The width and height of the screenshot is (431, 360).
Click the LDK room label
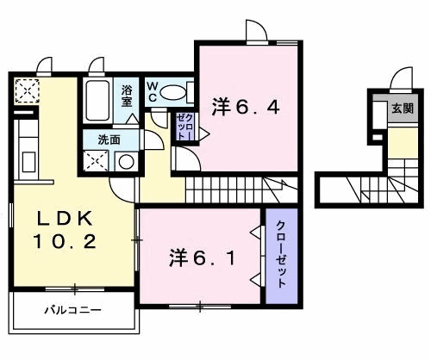pyautogui.click(x=66, y=219)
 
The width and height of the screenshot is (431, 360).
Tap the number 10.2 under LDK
pyautogui.click(x=65, y=241)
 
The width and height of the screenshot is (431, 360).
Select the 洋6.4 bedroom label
pyautogui.click(x=246, y=108)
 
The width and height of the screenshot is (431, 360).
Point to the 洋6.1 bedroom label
pyautogui.click(x=203, y=258)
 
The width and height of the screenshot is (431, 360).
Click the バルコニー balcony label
pyautogui.click(x=72, y=310)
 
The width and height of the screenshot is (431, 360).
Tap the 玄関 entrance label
pyautogui.click(x=403, y=109)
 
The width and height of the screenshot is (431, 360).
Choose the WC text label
pyautogui.click(x=153, y=91)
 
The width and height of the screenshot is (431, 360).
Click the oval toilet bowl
pyautogui.click(x=172, y=92)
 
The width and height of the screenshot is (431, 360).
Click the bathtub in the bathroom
pyautogui.click(x=97, y=101)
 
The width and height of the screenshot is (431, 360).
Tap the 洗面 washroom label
pyautogui.click(x=109, y=140)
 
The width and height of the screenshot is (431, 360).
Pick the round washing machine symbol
pyautogui.click(x=127, y=162)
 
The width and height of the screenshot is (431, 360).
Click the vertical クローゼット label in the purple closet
pyautogui.click(x=281, y=254)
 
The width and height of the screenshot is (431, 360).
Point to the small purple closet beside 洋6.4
pyautogui.click(x=184, y=127)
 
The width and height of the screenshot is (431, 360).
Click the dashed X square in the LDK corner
pyautogui.click(x=27, y=91)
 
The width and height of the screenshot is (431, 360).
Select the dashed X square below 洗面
pyautogui.click(x=96, y=161)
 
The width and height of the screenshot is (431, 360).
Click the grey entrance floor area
pyautogui.click(x=403, y=108)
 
